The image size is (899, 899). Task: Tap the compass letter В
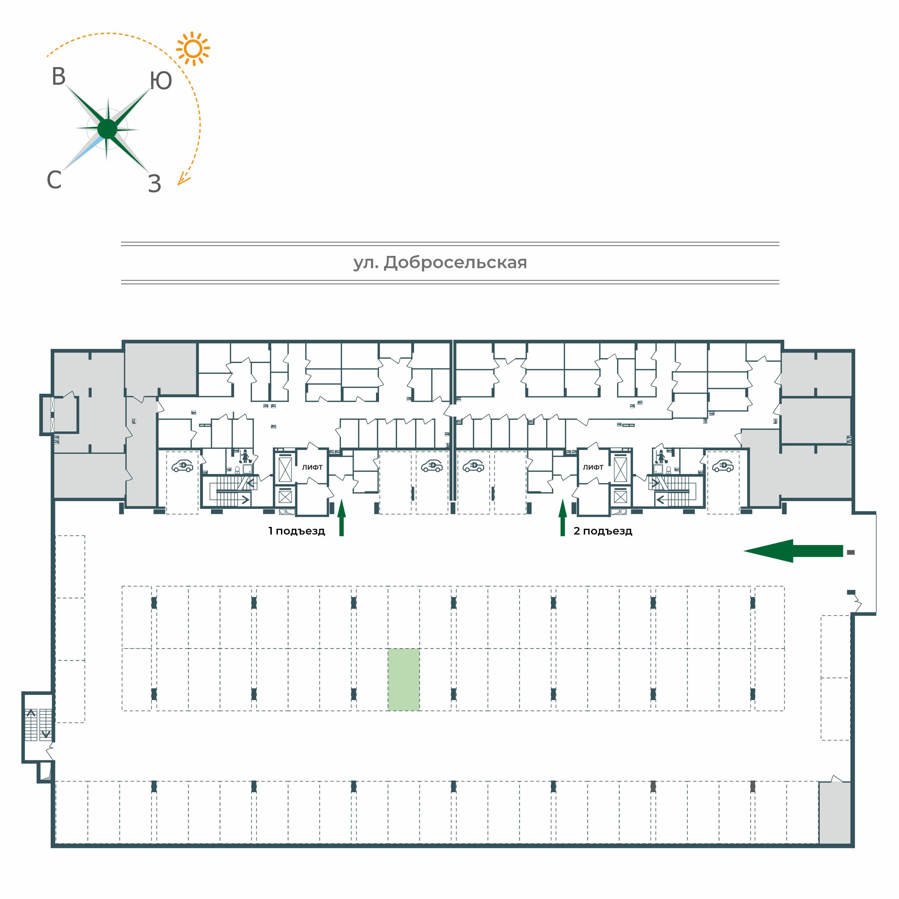59,77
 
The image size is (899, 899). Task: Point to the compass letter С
54,180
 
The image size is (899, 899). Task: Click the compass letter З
155,184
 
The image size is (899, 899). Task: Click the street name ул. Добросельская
440,263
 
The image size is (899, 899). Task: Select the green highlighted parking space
404,680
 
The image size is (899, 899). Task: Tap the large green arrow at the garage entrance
793,551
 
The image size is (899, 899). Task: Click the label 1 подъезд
296,531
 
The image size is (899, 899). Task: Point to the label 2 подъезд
603,531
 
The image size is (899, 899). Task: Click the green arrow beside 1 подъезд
342,518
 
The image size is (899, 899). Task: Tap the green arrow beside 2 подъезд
562,518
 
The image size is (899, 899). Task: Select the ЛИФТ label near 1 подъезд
312,467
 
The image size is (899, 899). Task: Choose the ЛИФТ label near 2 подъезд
593,467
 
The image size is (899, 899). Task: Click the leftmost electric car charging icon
182,466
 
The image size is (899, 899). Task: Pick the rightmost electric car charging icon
723,466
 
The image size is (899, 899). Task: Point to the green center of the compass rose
107,129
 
